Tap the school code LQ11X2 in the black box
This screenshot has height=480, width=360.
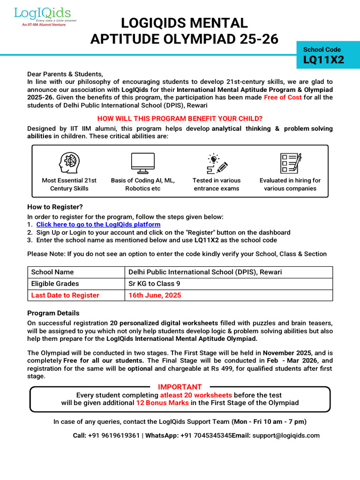(x=323, y=60)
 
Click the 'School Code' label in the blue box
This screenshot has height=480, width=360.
(x=322, y=49)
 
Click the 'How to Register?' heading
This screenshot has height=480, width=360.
(x=55, y=207)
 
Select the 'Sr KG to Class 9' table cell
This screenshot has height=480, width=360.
(x=154, y=284)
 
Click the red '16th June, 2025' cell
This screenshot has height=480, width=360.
(x=155, y=295)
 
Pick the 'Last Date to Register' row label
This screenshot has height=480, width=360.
(x=65, y=295)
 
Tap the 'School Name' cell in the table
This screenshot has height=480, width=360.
(x=52, y=272)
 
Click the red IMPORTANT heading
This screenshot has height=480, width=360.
(x=180, y=387)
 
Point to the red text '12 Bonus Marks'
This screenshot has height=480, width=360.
(x=162, y=403)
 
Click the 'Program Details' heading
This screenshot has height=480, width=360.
(x=53, y=313)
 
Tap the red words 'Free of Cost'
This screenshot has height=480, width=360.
(x=283, y=97)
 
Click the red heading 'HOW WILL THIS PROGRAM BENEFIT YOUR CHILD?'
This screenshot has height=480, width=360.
(x=180, y=118)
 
